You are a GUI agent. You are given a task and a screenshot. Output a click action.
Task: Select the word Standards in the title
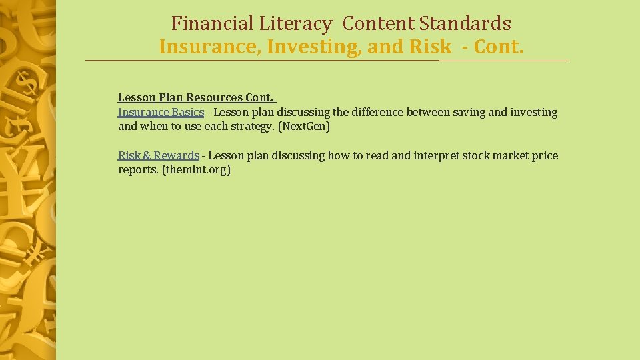click(x=465, y=24)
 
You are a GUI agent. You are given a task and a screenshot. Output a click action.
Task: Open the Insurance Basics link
click(x=161, y=113)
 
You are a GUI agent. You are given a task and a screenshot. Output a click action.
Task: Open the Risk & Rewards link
click(x=159, y=155)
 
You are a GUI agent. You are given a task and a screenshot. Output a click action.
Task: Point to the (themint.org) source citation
click(x=196, y=170)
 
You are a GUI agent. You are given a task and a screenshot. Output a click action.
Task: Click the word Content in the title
click(x=379, y=24)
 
